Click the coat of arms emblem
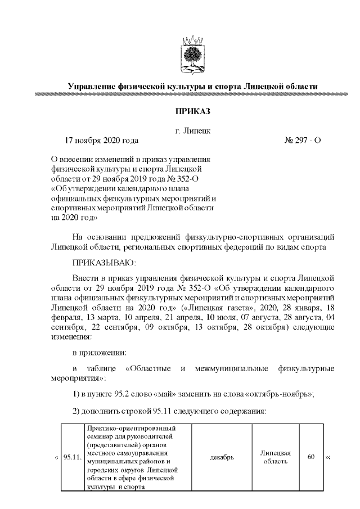click(x=192, y=54)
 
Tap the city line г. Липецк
click(x=193, y=131)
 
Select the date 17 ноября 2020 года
click(x=102, y=140)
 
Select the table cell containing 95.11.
click(x=72, y=457)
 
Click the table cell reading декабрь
click(x=221, y=457)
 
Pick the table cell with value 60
click(x=310, y=457)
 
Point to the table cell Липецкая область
click(x=275, y=457)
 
